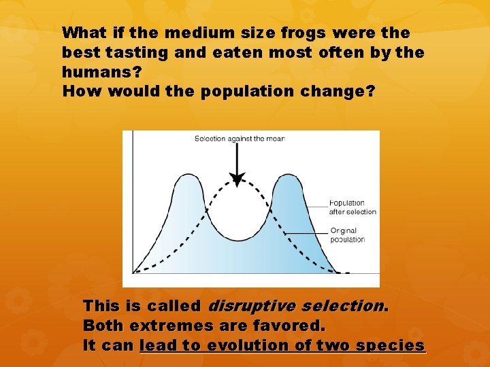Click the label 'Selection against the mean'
point(240,139)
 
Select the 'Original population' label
point(348,235)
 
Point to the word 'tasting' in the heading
point(121,52)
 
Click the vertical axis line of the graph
point(132,204)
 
